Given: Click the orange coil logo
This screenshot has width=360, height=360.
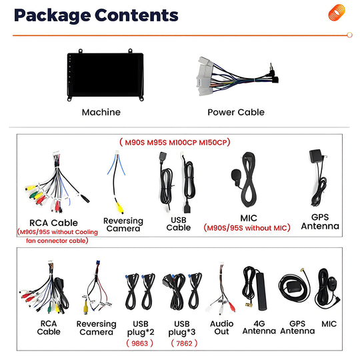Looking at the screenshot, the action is [x=337, y=13].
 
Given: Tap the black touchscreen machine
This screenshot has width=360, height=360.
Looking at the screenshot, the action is [x=105, y=75].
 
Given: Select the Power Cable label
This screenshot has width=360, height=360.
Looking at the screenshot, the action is [x=236, y=112].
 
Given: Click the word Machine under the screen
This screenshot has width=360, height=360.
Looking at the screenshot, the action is [x=101, y=112].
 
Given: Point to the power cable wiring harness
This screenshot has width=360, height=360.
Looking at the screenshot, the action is [x=237, y=76].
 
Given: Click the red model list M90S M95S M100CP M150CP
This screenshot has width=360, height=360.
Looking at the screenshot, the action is [x=175, y=143].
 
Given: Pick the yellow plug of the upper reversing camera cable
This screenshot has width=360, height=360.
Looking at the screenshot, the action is [x=120, y=208].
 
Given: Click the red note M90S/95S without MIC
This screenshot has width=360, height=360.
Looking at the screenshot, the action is [x=247, y=228].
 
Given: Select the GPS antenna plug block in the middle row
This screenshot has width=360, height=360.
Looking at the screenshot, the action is [x=316, y=156].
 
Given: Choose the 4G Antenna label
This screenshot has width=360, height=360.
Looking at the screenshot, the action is [x=259, y=327].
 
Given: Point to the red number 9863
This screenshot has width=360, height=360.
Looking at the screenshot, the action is [x=139, y=343].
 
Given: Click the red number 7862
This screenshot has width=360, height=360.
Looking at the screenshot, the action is [x=184, y=343].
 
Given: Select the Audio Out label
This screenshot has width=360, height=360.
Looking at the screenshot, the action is [x=221, y=327].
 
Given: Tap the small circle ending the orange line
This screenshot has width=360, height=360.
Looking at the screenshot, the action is [x=350, y=35].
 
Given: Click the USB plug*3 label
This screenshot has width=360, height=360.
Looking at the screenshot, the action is [x=182, y=328].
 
